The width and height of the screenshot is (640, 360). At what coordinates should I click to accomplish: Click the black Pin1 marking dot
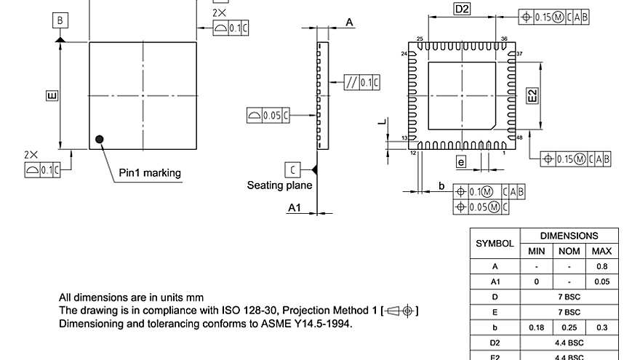[x=100, y=139]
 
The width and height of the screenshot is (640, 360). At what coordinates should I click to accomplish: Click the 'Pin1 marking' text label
[x=150, y=173]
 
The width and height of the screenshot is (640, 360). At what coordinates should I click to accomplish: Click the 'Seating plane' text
[x=279, y=185]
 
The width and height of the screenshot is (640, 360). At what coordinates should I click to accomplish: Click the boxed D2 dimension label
[x=462, y=9]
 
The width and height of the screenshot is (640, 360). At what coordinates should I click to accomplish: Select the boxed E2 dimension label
[x=532, y=96]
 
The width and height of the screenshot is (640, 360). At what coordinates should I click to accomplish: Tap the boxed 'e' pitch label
[x=460, y=161]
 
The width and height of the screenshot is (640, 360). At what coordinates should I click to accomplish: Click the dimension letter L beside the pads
[x=380, y=123]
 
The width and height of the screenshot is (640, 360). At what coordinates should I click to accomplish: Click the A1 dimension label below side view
[x=295, y=209]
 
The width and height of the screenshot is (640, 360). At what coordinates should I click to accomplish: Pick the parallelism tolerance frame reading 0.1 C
[x=361, y=82]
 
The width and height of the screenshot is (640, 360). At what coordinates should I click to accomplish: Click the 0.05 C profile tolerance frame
[x=268, y=115]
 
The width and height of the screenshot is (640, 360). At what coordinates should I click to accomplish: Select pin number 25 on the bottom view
[x=420, y=39]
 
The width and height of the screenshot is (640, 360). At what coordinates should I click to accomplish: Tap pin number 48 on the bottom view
[x=519, y=137]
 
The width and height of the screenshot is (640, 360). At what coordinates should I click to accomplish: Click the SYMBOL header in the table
[x=495, y=244]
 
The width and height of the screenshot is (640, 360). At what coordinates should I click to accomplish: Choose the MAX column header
[x=601, y=251]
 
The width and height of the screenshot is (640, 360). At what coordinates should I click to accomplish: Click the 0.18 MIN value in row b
[x=535, y=328]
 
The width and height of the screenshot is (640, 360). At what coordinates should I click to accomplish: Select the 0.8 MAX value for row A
[x=601, y=267]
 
